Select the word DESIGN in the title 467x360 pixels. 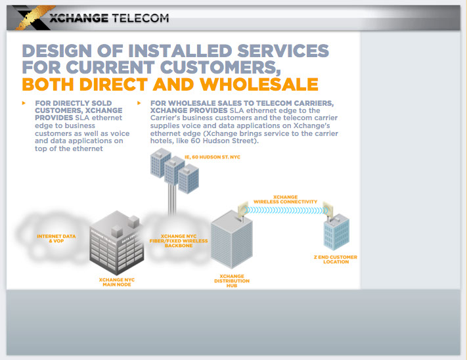[x=62, y=51]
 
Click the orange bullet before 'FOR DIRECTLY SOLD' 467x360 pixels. [x=24, y=103]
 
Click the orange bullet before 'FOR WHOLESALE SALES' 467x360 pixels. [x=139, y=103]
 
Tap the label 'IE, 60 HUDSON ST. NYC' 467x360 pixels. [x=210, y=158]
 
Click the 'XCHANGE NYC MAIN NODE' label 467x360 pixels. [x=116, y=282]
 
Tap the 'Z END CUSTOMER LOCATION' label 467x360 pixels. [x=336, y=259]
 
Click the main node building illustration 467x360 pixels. [x=116, y=243]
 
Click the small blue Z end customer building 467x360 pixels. [x=336, y=233]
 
